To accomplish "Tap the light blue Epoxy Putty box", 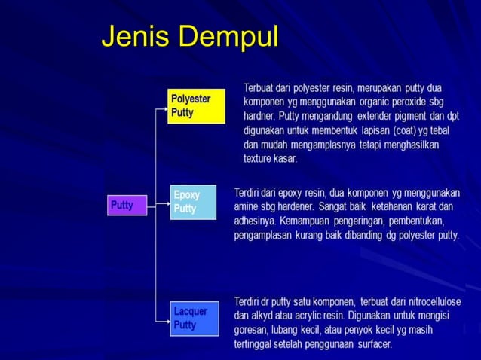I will [x=194, y=201].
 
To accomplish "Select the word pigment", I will [x=410, y=116].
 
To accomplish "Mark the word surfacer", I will [x=370, y=345].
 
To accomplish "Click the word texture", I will [x=259, y=159].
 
